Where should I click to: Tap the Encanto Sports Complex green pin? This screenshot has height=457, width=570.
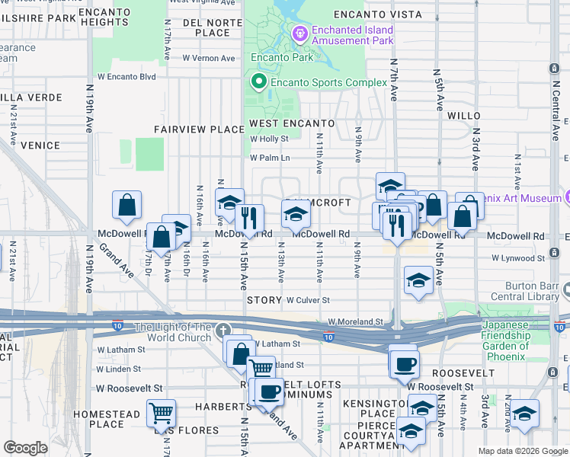259,82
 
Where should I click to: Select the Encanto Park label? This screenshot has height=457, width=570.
272,57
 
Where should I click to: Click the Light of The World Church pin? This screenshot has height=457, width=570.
223,331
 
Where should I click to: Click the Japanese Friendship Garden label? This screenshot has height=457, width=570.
504,340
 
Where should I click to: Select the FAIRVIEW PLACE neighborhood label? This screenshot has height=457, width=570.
199,129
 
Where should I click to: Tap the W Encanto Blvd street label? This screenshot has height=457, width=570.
126,77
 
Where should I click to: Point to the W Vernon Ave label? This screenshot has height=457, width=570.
208,58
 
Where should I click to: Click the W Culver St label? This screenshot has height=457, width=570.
308,301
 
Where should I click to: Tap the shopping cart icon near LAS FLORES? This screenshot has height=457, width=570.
161,414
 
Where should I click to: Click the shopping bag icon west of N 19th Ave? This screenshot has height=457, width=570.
126,206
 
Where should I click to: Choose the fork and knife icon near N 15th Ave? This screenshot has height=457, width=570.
249,219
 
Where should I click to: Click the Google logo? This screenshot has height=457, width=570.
25,448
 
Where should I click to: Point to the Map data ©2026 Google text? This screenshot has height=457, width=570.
523,451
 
